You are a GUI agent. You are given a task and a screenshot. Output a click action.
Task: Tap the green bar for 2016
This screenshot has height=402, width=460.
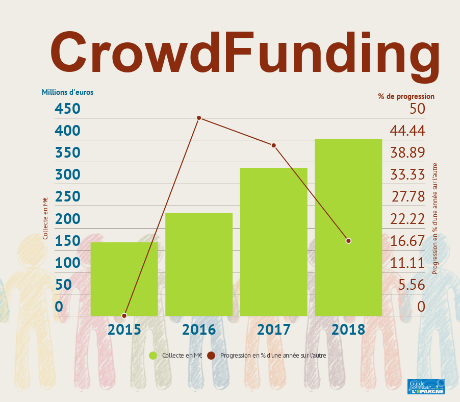(x=199, y=264)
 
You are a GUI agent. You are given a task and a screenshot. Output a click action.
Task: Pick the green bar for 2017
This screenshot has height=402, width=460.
(x=274, y=241)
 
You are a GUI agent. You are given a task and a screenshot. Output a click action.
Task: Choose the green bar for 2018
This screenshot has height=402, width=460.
(x=348, y=227)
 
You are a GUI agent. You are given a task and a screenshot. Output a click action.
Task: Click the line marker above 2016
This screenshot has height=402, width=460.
(x=199, y=118)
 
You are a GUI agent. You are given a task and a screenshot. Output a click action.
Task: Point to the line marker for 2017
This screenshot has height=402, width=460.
(x=274, y=145)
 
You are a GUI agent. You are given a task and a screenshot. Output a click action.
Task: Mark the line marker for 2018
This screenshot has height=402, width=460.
(x=348, y=240)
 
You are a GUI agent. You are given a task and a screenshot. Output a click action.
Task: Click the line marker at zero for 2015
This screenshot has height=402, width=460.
(x=124, y=316)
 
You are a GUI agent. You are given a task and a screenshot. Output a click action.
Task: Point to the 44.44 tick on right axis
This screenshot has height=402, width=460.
(x=407, y=131)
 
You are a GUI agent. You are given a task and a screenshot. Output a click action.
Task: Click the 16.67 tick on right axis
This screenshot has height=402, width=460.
(x=407, y=241)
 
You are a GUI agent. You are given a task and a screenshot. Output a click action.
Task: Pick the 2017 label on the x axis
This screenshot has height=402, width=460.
(x=274, y=330)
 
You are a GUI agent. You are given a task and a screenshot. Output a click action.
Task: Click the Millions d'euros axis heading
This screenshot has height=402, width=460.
(x=67, y=92)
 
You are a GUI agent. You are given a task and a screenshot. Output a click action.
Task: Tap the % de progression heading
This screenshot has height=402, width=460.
(x=406, y=96)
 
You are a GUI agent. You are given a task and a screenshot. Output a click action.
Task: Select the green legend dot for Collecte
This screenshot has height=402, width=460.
(x=152, y=356)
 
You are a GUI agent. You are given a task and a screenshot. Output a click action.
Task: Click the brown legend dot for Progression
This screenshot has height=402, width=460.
(x=211, y=356)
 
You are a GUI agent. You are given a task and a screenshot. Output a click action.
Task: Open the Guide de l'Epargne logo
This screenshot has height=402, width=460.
(x=426, y=387)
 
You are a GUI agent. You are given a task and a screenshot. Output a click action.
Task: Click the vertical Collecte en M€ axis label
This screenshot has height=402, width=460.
(x=45, y=218)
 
